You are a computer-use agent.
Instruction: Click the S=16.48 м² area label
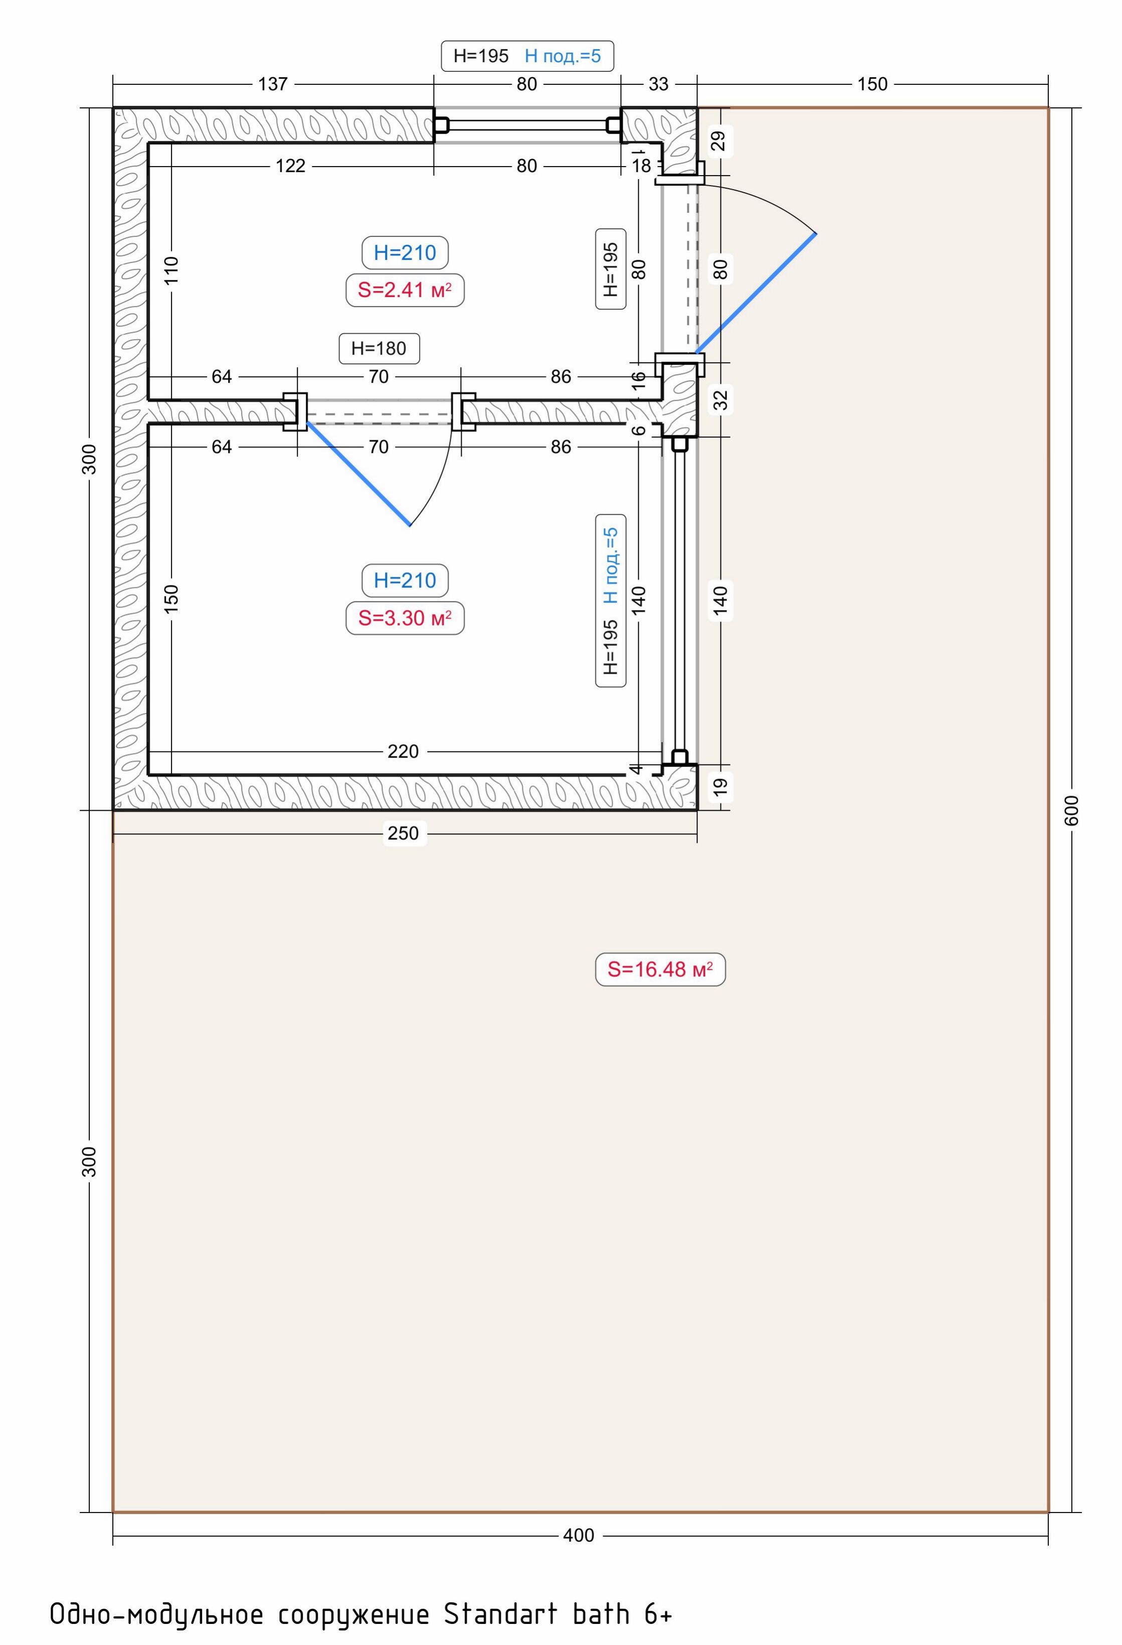[x=660, y=969]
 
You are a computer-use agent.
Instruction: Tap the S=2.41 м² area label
[x=405, y=290]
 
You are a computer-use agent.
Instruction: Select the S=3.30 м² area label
[x=405, y=618]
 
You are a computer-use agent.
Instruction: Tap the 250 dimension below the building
[x=403, y=833]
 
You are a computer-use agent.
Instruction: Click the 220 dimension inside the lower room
[x=403, y=751]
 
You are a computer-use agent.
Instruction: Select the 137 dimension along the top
[x=273, y=84]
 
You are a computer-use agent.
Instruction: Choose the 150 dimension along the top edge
[x=872, y=84]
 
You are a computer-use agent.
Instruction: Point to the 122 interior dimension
[x=290, y=166]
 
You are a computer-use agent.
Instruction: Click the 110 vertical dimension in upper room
[x=171, y=270]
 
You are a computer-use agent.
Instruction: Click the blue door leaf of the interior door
[x=358, y=474]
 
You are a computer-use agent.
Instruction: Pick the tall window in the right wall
[x=680, y=601]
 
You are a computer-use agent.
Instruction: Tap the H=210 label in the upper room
[x=405, y=253]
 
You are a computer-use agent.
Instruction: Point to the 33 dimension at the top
[x=659, y=84]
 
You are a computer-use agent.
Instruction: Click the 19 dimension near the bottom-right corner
[x=720, y=787]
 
